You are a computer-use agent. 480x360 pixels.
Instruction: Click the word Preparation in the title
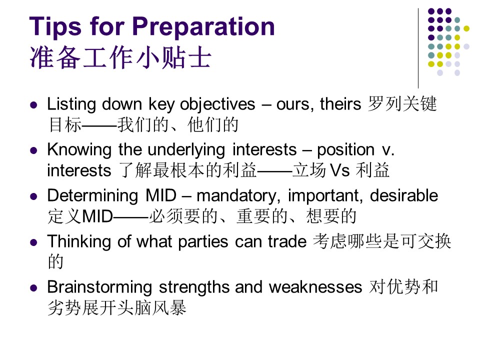[x=203, y=27]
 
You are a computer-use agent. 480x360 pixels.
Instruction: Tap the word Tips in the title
[x=55, y=27]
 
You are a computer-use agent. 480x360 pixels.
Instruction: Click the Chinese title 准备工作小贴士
[x=120, y=57]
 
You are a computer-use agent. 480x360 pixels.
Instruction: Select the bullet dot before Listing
[x=33, y=105]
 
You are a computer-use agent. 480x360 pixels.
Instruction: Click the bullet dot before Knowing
[x=33, y=150]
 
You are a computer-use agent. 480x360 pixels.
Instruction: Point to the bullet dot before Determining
[x=33, y=196]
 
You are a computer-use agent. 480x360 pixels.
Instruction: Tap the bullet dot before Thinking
[x=33, y=242]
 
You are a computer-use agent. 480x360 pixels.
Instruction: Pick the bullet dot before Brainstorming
[x=33, y=288]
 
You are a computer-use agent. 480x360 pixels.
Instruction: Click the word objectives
[x=217, y=105]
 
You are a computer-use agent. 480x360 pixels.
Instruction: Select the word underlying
[x=186, y=150]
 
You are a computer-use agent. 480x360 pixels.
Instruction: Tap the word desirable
[x=404, y=195]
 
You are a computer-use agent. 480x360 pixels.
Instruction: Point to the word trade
[x=287, y=241]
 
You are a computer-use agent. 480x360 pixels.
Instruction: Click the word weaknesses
[x=315, y=287]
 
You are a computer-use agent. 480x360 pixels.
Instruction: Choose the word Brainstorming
[x=99, y=288]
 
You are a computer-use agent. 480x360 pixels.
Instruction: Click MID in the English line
[x=161, y=195]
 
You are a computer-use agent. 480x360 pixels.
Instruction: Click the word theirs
[x=340, y=104]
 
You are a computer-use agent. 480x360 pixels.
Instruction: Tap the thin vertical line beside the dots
[x=418, y=48]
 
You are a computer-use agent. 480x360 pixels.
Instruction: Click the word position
[x=346, y=150]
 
